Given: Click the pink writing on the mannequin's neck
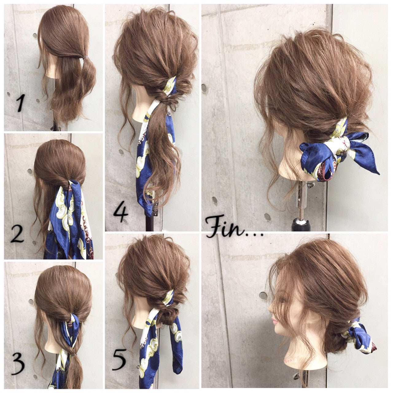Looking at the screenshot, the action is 292,360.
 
